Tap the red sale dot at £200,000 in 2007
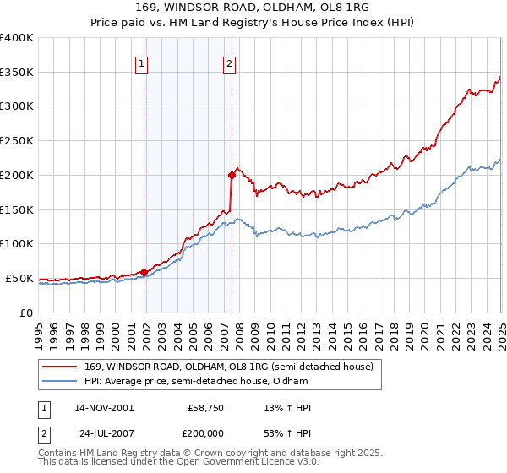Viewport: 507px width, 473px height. pyautogui.click(x=232, y=175)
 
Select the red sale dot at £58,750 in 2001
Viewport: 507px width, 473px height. pyautogui.click(x=144, y=272)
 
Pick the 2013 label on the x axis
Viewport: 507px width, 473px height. pyautogui.click(x=317, y=331)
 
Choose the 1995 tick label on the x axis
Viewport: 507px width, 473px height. pyautogui.click(x=40, y=331)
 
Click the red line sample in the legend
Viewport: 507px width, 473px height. pyautogui.click(x=61, y=366)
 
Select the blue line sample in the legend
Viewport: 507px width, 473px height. pyautogui.click(x=61, y=381)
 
